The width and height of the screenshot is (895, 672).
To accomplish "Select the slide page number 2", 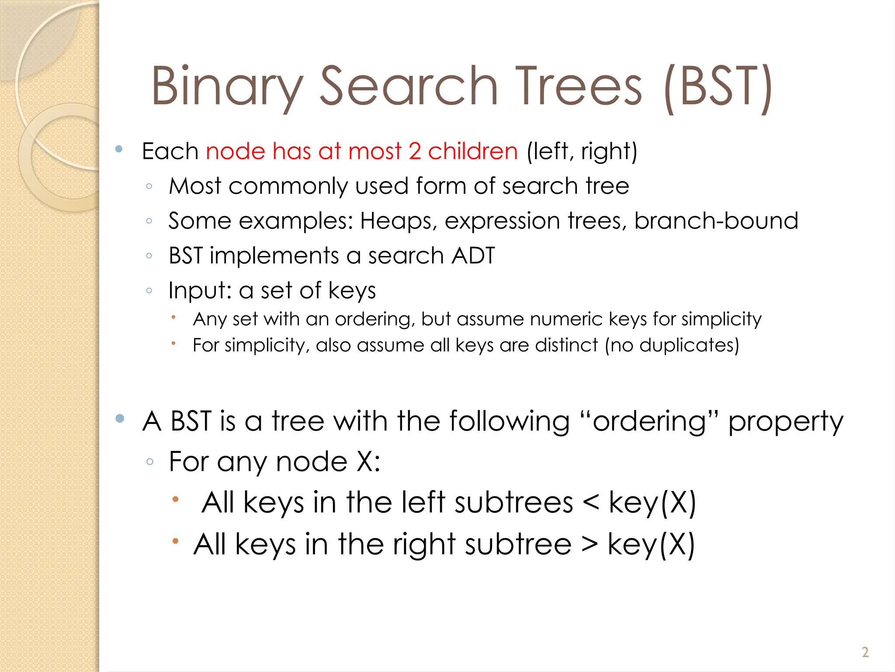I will (x=865, y=652).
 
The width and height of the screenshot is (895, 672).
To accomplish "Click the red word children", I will (x=473, y=151).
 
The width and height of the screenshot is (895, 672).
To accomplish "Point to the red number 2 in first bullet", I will (x=415, y=151).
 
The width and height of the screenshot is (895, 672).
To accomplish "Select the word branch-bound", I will (x=716, y=220).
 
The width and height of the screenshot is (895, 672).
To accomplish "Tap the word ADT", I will (x=473, y=255).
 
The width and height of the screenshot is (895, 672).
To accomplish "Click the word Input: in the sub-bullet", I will (x=200, y=291).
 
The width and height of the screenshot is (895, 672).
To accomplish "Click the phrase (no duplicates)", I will (x=672, y=345).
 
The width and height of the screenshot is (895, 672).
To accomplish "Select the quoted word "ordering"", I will (x=649, y=422).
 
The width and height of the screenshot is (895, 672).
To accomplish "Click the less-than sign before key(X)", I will (x=591, y=502).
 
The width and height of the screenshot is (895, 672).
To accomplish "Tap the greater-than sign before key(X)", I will (x=590, y=545).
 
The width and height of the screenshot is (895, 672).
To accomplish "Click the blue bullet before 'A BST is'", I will (x=120, y=419).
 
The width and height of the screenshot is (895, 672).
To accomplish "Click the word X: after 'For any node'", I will (x=368, y=462).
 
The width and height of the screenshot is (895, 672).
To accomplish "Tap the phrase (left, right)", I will (x=582, y=151).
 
